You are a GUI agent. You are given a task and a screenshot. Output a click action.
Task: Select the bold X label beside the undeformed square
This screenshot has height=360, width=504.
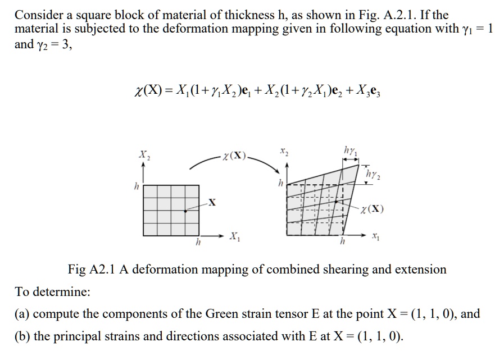pos(211,201)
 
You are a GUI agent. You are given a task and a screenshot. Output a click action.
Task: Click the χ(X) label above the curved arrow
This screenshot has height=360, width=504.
pos(234,154)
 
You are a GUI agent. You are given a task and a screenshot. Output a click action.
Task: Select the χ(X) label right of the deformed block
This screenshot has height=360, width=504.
pos(373,211)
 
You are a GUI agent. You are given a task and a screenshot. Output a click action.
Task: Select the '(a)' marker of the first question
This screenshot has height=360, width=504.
pos(22,314)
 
